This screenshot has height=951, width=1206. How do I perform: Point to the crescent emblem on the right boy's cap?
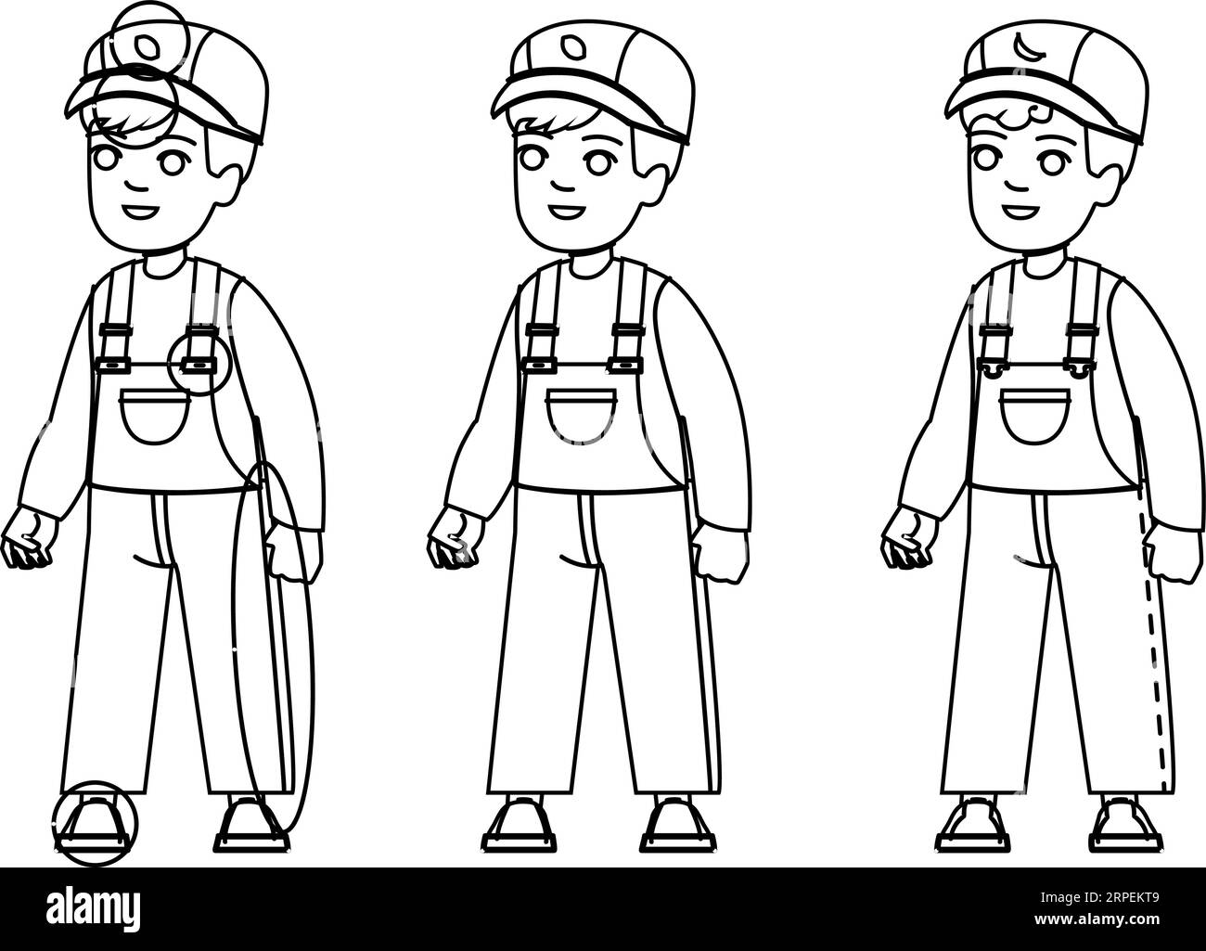click(1023, 44)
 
